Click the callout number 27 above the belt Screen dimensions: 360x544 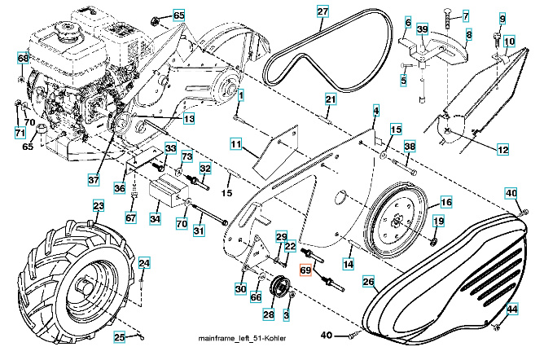(322, 11)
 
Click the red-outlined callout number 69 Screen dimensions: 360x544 (307, 271)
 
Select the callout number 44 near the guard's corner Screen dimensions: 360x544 (512, 310)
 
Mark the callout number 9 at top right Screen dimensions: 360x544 (502, 19)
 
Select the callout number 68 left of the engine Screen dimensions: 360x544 (24, 59)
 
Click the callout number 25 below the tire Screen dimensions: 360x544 (119, 337)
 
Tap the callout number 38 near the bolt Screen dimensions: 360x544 (410, 147)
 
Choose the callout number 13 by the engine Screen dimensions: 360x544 (188, 119)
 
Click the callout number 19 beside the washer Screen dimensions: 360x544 (438, 221)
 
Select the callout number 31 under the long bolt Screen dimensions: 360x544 (199, 230)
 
